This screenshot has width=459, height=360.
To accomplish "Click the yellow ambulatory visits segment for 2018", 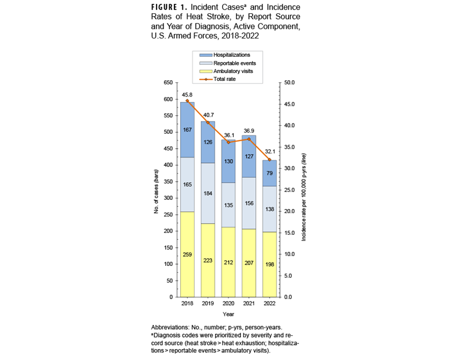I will (187, 254).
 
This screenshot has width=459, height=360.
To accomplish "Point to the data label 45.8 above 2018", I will (187, 94).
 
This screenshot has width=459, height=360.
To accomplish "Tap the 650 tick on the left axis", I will (168, 83).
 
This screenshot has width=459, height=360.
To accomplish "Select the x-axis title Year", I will (228, 314).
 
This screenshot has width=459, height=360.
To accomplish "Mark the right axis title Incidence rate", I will (304, 190).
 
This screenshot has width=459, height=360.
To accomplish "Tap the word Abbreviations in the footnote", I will (172, 328).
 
